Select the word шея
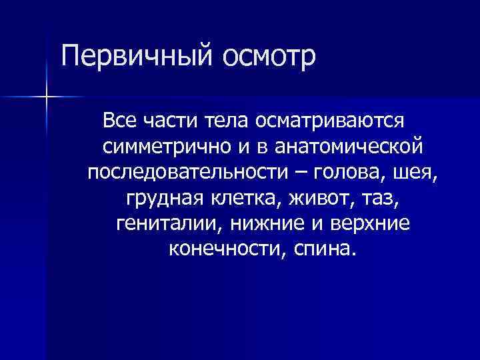click(x=419, y=173)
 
